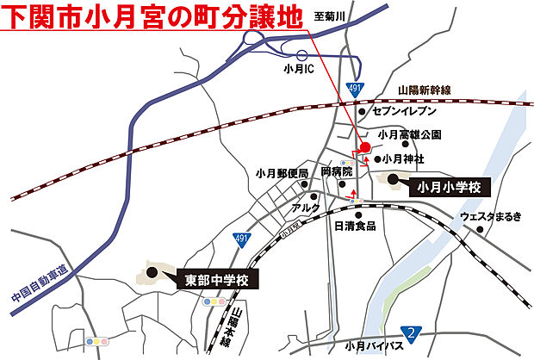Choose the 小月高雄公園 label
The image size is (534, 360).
[409, 135]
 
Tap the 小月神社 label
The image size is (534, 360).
[404, 158]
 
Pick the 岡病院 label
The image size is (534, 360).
[336, 172]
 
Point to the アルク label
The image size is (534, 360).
[306, 208]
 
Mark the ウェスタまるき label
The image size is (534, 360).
[490, 216]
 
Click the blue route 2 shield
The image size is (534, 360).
[414, 333]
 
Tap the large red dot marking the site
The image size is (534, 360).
[356, 147]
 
